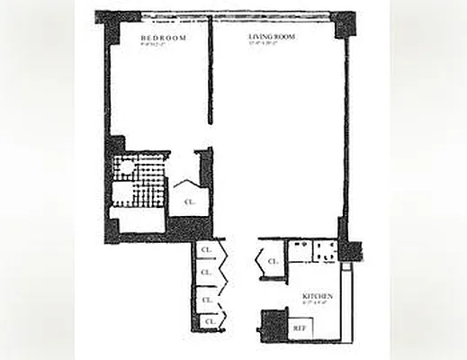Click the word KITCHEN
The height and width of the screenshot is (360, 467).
(319, 296)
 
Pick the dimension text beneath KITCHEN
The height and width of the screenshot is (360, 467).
(319, 303)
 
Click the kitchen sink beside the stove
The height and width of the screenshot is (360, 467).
(300, 251)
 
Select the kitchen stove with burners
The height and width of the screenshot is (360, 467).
(324, 251)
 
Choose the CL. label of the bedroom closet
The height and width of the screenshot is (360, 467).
(190, 202)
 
